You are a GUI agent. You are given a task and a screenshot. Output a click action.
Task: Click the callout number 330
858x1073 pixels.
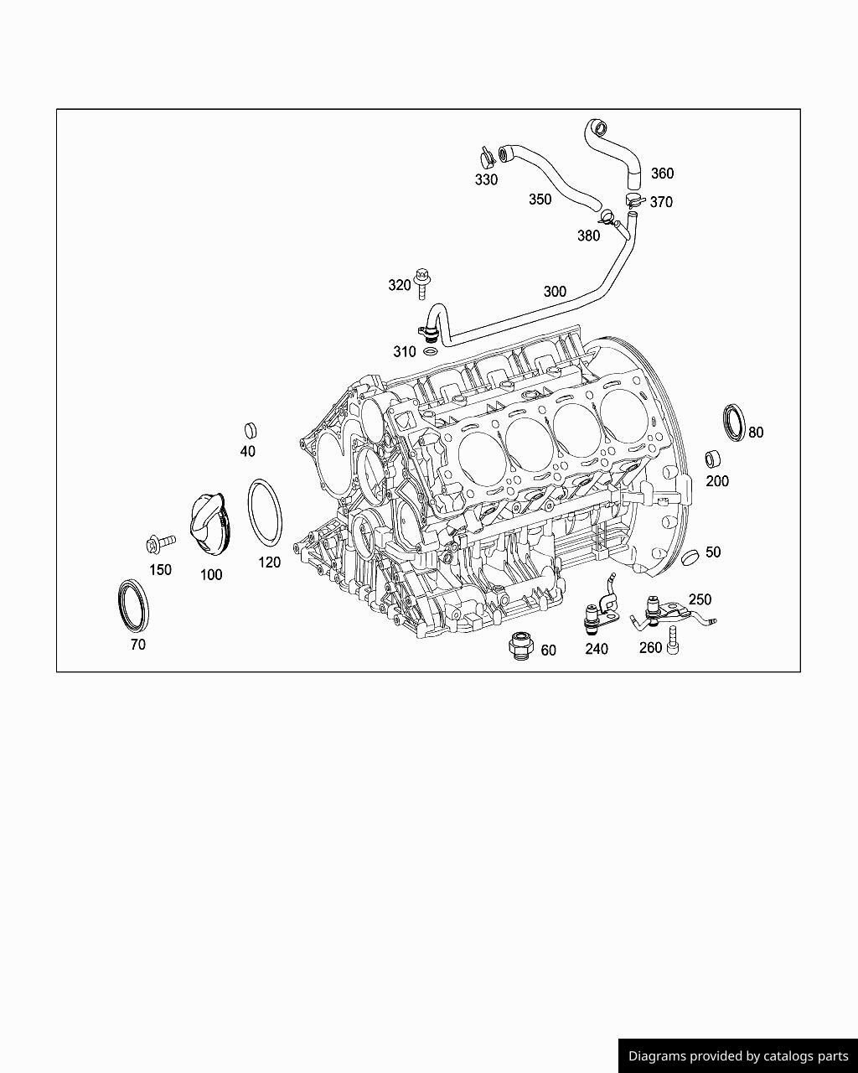pos(486,180)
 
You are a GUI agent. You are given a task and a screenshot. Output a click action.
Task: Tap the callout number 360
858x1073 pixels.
pos(662,174)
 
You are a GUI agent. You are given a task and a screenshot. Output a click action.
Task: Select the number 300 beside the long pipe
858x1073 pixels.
pos(555,292)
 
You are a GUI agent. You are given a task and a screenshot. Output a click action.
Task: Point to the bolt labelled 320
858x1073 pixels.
pos(423,282)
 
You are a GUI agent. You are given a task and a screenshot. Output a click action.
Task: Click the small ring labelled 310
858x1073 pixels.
pos(431,351)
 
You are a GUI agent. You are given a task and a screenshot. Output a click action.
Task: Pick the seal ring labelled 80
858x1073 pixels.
pos(734,422)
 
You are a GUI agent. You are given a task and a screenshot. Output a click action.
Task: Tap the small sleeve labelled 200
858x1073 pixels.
pos(713,459)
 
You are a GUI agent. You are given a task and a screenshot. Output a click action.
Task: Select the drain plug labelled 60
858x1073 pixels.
pos(520,646)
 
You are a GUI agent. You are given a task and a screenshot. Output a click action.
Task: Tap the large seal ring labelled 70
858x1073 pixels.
pos(132,604)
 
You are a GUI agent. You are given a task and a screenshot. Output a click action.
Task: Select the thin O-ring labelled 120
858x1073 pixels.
pos(265,512)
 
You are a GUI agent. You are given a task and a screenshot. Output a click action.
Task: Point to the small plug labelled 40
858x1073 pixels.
pos(249,431)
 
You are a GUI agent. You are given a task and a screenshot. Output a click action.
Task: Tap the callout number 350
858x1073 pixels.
pos(540,200)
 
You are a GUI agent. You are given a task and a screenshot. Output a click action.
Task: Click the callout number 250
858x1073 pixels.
pos(700,600)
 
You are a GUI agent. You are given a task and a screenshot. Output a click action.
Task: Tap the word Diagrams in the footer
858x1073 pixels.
pos(657,1056)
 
